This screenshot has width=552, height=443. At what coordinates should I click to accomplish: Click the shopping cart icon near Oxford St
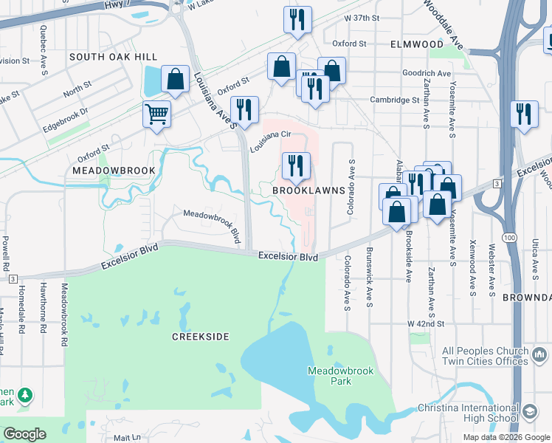(156, 115)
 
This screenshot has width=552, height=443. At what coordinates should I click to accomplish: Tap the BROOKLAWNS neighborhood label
(309, 190)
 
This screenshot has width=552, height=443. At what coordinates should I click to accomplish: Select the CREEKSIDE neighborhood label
(200, 337)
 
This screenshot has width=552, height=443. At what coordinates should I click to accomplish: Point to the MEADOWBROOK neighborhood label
(114, 171)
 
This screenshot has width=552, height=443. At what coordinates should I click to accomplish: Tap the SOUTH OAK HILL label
(113, 57)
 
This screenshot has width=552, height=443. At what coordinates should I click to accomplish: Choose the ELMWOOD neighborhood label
(417, 44)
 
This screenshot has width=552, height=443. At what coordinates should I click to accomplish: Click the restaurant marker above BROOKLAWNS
(296, 165)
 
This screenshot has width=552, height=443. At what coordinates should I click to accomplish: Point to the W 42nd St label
(427, 323)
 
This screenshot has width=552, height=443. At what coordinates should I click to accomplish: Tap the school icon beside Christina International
(529, 411)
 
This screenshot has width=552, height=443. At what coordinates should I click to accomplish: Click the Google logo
(25, 434)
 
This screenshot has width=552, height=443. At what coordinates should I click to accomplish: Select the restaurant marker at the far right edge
(524, 114)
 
